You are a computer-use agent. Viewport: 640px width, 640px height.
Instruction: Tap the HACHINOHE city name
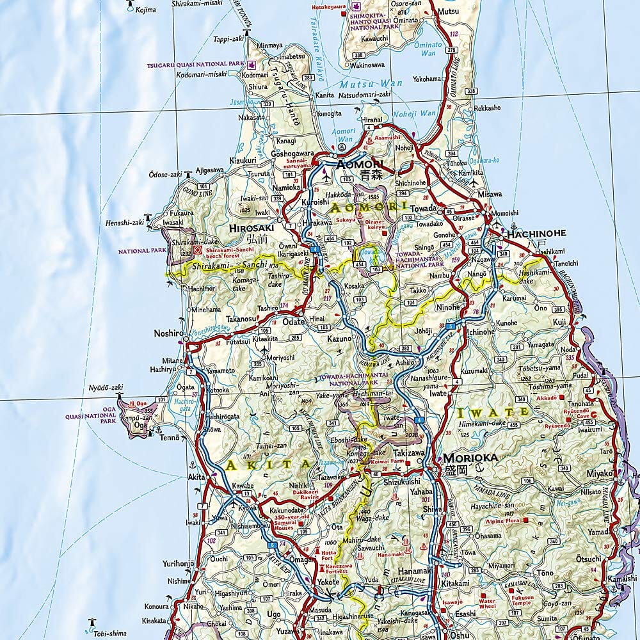coord(536,234)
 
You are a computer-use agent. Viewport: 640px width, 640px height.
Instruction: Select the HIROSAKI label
coord(251,227)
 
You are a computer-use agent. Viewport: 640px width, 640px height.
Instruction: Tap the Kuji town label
coord(559,321)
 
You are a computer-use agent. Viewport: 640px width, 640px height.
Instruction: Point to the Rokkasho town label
coord(487,108)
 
